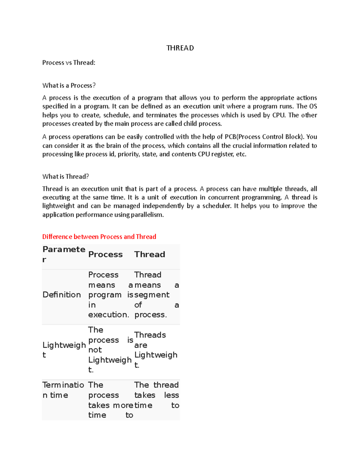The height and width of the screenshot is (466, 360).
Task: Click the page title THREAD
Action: tap(180, 48)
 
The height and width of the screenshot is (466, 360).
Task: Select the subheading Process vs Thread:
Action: tap(69, 63)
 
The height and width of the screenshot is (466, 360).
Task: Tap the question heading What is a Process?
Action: tap(69, 86)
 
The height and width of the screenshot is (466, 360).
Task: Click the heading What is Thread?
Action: tap(65, 176)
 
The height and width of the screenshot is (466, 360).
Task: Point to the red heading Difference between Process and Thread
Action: tap(99, 237)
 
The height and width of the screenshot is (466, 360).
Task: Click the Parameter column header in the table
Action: tap(64, 254)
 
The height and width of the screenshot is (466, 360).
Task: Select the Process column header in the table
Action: tap(105, 254)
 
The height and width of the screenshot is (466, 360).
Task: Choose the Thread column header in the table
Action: tap(149, 254)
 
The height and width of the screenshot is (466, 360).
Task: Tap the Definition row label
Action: tap(61, 295)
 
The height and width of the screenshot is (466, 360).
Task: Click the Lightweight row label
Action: tap(64, 350)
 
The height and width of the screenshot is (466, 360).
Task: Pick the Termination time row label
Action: tap(63, 390)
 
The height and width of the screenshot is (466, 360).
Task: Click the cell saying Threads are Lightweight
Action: tap(155, 350)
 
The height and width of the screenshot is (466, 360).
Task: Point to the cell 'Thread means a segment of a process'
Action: tap(156, 295)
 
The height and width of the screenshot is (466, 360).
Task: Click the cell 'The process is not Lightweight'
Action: tap(110, 350)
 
